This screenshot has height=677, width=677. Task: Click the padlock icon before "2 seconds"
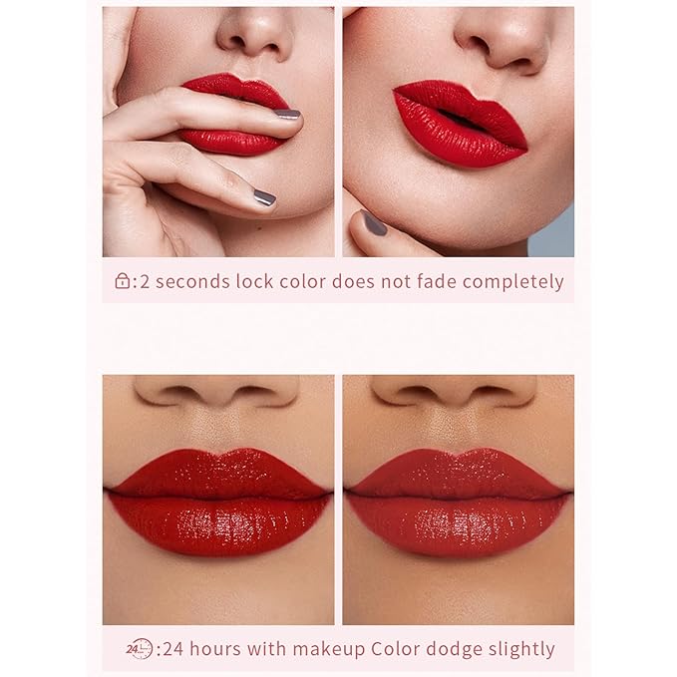[x=123, y=280]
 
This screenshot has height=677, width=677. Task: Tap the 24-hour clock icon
[x=140, y=648]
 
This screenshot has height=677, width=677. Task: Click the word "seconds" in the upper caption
[x=192, y=282]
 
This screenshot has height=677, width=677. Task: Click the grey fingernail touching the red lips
[x=287, y=114]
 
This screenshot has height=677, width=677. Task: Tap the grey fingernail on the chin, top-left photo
[x=264, y=197]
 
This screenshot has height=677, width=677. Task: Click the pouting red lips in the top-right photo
[x=461, y=123]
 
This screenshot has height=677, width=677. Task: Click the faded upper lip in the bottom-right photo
[x=458, y=473]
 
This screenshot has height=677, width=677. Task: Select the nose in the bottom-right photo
[x=454, y=391]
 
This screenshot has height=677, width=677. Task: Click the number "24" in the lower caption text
[x=172, y=649]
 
